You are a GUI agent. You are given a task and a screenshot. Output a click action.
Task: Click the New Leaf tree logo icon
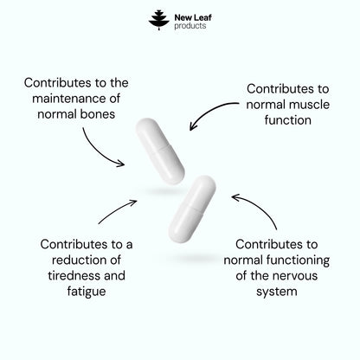pos(159,20)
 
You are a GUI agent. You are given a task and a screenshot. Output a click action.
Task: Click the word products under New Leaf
pos(190,26)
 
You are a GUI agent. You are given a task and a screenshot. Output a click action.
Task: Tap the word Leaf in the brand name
pos(202,17)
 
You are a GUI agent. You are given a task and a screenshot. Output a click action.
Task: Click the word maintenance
pos(69,99)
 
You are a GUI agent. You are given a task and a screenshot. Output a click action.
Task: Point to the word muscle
pos(310,105)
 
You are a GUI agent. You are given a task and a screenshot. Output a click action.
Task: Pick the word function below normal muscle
pos(288,120)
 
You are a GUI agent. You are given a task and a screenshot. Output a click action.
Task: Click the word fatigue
pos(87,292)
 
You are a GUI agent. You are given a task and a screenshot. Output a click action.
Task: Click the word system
pos(277,292)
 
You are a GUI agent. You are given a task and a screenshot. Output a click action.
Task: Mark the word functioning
pos(298,260)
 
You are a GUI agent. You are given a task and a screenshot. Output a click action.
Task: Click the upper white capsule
pos(160,151)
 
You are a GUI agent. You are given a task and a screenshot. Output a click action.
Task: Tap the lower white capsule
pos(192,209)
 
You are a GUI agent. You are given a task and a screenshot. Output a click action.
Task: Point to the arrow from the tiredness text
pos(117,210)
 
